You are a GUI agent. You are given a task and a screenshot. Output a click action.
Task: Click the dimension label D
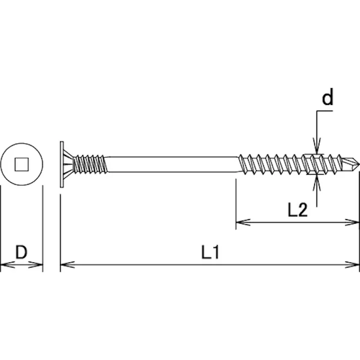[x=21, y=251]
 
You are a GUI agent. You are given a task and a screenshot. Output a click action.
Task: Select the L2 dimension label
[x=297, y=210]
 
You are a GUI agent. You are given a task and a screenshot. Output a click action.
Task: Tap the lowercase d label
[x=328, y=98]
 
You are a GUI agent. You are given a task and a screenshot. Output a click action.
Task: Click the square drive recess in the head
[x=21, y=164]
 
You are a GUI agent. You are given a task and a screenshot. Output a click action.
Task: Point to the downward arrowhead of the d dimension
[x=317, y=148]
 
